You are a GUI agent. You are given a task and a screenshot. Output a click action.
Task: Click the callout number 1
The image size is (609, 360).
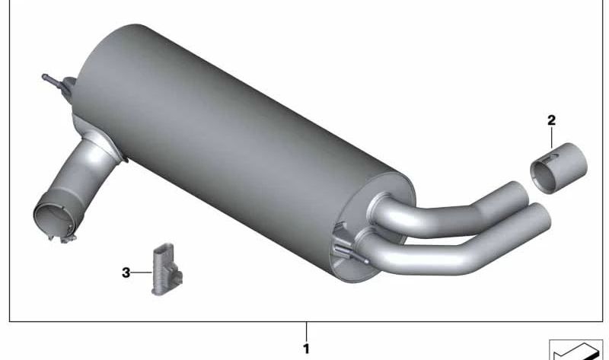[x=307, y=349]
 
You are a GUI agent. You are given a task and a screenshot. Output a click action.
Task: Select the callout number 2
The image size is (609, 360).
[x=551, y=120]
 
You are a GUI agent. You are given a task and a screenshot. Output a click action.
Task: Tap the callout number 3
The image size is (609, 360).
[x=126, y=272]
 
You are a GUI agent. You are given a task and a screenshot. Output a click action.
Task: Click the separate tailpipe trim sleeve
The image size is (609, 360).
[x=559, y=169]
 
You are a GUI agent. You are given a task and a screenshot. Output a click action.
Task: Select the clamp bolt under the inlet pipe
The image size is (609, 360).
[x=62, y=237]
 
